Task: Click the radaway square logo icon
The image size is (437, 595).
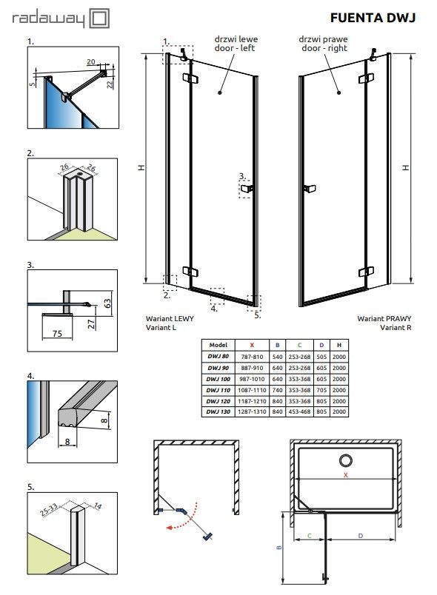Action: (x=99, y=19)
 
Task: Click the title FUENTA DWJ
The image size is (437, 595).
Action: (x=373, y=18)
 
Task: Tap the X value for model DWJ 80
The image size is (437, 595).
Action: (x=252, y=357)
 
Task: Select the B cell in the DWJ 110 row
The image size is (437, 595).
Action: (x=277, y=390)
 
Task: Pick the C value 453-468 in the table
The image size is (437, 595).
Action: (x=299, y=411)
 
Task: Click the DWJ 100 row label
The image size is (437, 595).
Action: (x=218, y=379)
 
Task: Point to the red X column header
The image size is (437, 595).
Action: (x=252, y=345)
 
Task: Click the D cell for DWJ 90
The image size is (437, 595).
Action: (x=321, y=368)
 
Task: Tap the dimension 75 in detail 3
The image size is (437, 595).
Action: (x=57, y=334)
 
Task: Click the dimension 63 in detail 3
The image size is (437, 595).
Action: (x=107, y=303)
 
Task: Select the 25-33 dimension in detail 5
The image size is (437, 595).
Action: (x=49, y=510)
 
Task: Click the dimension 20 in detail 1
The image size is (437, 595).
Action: (x=91, y=62)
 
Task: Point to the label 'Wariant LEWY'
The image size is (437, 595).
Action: (x=170, y=319)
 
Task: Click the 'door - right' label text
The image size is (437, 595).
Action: (x=324, y=48)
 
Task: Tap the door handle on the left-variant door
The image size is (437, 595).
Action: (x=247, y=188)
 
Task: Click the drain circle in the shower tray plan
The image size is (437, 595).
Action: (x=345, y=460)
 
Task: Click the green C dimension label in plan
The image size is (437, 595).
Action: (x=310, y=536)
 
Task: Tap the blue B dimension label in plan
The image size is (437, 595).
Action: (x=279, y=548)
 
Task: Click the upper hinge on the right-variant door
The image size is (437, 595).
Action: (x=366, y=78)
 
